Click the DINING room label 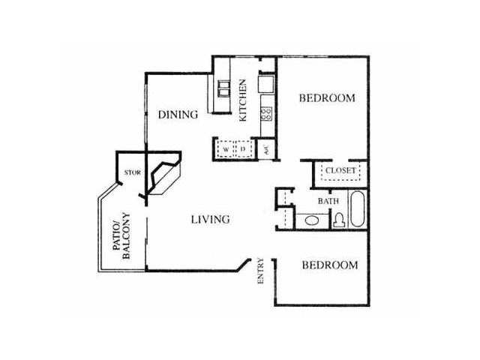coord(178,115)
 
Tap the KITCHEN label coord(242,100)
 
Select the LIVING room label coord(210,220)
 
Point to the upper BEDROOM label coord(327,98)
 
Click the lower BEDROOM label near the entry coord(330,265)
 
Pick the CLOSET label coord(340,170)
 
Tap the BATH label coord(328,201)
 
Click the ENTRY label coord(261,271)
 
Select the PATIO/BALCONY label coord(121,235)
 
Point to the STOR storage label coord(133,172)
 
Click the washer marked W coord(226,149)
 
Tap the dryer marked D coord(243,149)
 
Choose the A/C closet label coord(266,150)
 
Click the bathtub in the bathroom coord(357,209)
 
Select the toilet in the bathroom coord(339,220)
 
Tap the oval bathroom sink coord(312,220)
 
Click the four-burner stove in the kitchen coord(266,113)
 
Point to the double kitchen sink coord(223,88)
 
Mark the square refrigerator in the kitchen coord(265,84)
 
